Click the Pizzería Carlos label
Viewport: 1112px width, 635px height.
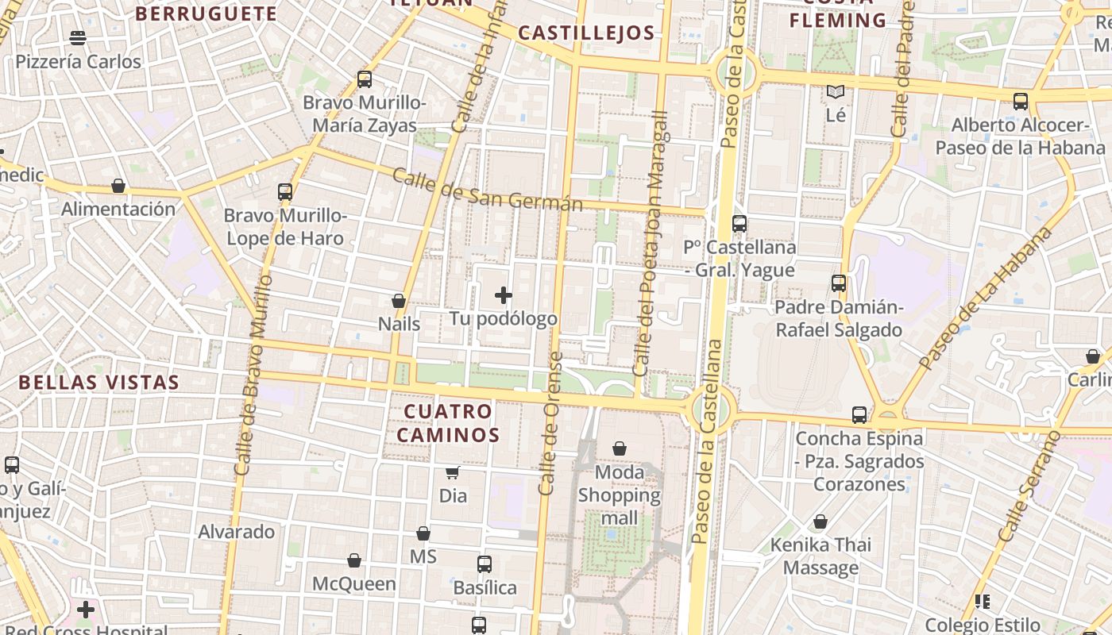[78, 62]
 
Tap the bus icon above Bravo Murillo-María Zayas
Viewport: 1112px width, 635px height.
[365, 79]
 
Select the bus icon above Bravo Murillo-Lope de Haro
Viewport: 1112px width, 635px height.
[285, 192]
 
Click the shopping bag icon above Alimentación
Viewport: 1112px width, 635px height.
[118, 187]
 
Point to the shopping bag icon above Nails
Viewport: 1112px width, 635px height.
[399, 302]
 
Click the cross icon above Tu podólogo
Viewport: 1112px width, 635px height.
[504, 296]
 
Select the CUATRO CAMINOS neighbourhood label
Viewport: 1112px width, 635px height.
[448, 423]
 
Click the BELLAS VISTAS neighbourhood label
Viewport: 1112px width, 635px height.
[99, 383]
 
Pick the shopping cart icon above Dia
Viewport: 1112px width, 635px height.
[453, 473]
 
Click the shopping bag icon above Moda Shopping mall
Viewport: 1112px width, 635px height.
[620, 449]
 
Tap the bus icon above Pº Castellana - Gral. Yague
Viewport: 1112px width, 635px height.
[739, 224]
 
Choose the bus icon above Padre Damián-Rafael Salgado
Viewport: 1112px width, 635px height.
[839, 283]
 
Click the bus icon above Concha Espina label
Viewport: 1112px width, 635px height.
[859, 415]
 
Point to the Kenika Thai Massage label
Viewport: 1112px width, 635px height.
[820, 556]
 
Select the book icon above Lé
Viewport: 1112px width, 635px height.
[836, 92]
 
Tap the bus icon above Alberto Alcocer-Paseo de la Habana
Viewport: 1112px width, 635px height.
[1021, 102]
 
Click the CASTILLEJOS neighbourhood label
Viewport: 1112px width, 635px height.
[586, 33]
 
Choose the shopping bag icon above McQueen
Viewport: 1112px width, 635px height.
[354, 561]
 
